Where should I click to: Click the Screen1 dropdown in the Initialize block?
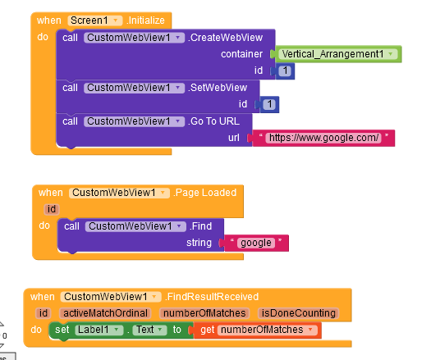tap(95, 21)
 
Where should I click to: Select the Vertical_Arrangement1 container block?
tap(338, 54)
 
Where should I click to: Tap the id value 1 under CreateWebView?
tap(285, 71)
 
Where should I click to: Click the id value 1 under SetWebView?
tap(269, 105)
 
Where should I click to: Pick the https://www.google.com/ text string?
tap(323, 138)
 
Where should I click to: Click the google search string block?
tap(256, 243)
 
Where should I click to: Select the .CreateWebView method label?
tap(225, 38)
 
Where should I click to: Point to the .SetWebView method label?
tap(218, 88)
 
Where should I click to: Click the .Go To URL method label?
tap(213, 121)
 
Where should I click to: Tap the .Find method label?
tap(200, 226)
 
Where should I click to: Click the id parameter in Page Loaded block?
tap(52, 209)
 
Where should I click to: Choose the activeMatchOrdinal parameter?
tap(105, 313)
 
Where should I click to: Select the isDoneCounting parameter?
tap(298, 313)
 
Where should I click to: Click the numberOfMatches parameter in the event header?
tap(204, 313)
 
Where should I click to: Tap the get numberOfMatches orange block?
tap(257, 330)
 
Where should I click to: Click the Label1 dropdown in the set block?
tap(99, 330)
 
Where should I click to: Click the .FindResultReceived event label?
tap(212, 297)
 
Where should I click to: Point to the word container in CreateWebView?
tap(241, 54)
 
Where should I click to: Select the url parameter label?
tap(234, 138)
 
